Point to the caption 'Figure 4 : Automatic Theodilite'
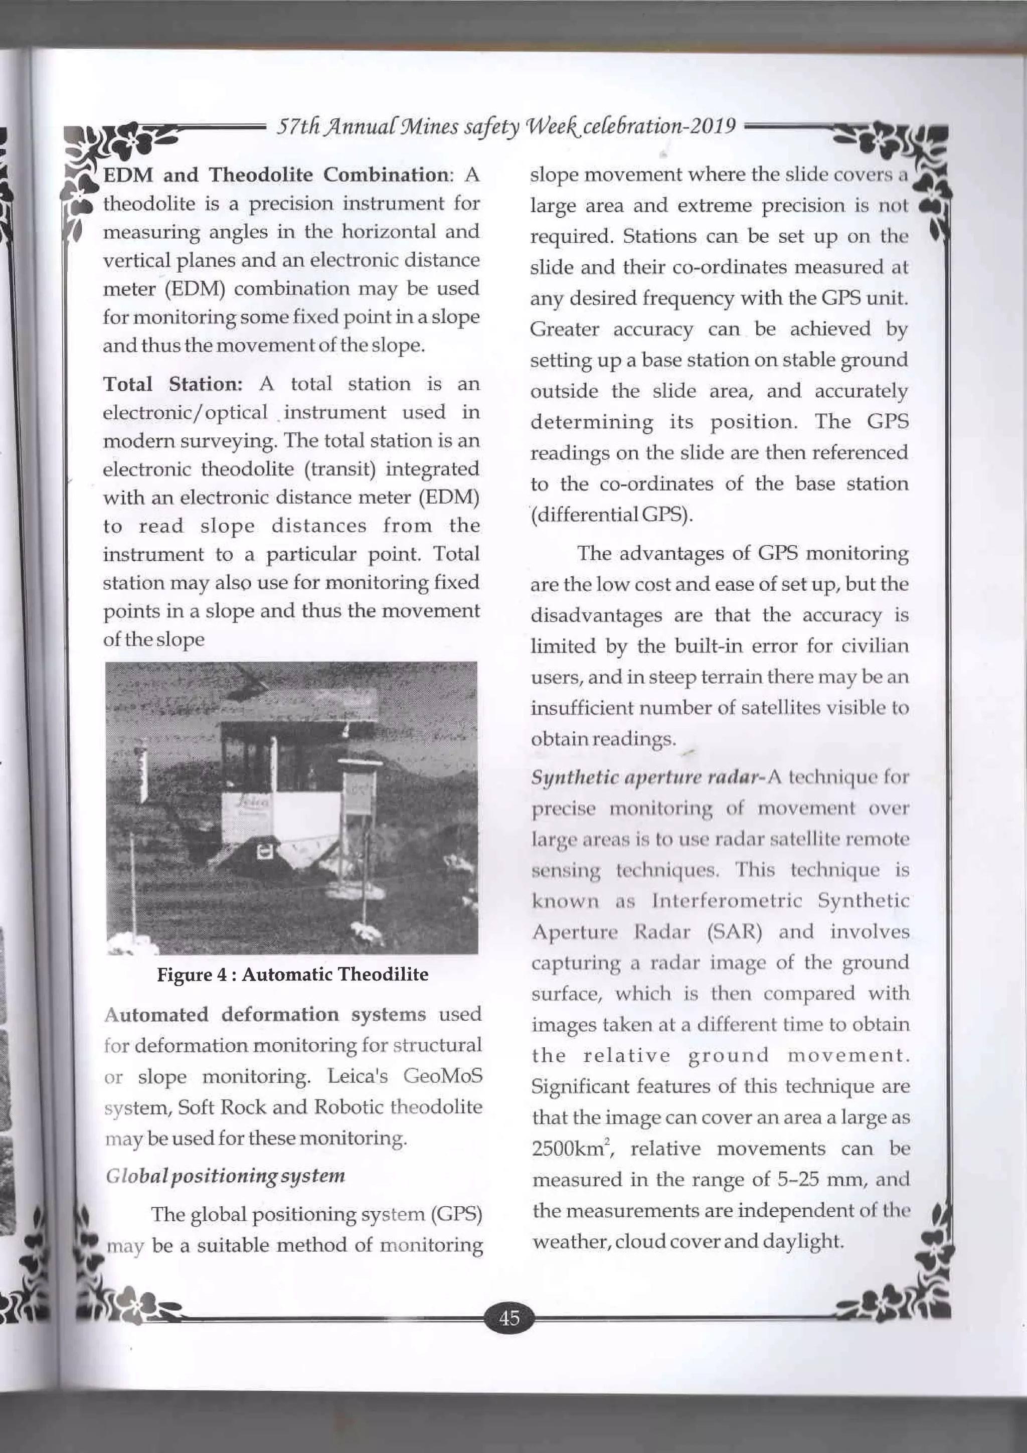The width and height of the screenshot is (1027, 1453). pos(292,975)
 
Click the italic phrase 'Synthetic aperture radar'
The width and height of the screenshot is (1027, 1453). pos(645,778)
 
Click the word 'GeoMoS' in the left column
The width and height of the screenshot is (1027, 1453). pos(442,1076)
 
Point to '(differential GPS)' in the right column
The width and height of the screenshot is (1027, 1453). pos(611,515)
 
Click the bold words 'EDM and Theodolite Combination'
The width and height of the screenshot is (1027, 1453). pos(276,175)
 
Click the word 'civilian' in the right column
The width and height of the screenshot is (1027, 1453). pos(875,645)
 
